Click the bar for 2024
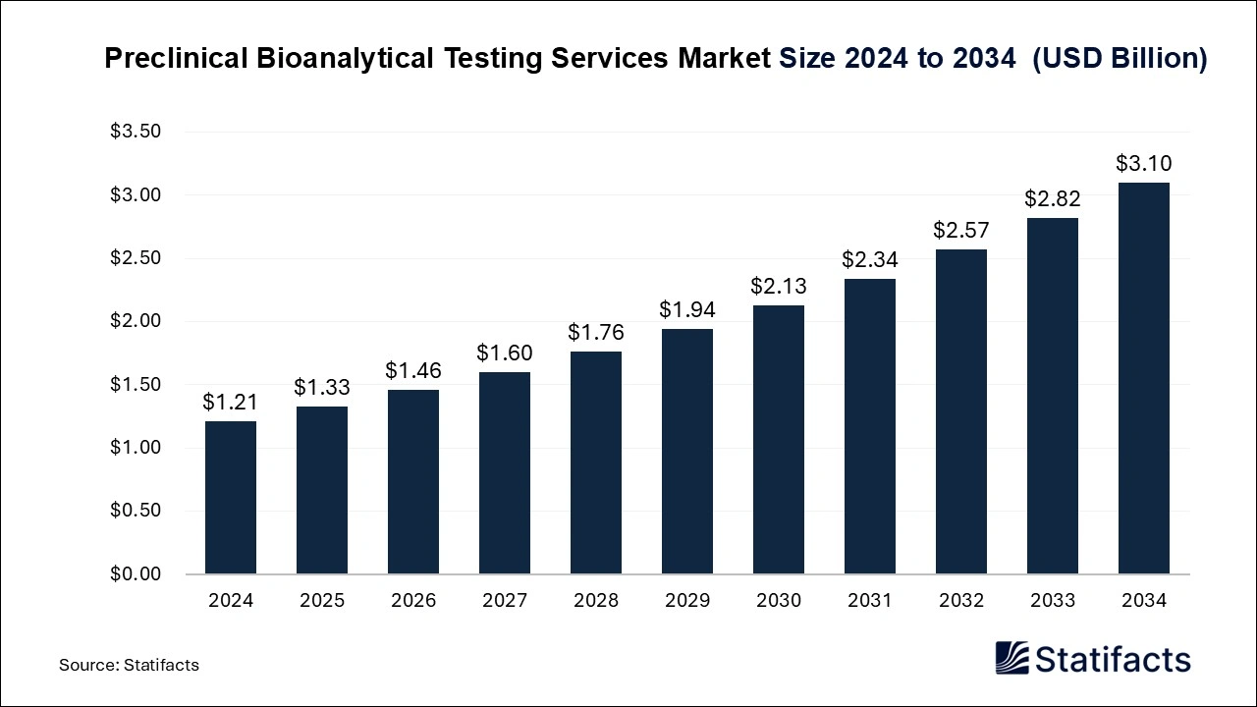pyautogui.click(x=231, y=498)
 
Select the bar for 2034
pyautogui.click(x=1144, y=378)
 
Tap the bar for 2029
pyautogui.click(x=687, y=452)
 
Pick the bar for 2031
pyautogui.click(x=870, y=426)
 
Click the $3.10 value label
pyautogui.click(x=1144, y=164)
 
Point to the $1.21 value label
pyautogui.click(x=231, y=402)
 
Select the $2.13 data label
pyautogui.click(x=779, y=286)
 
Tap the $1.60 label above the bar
pyautogui.click(x=505, y=353)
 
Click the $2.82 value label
pyautogui.click(x=1053, y=198)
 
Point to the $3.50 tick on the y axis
pyautogui.click(x=136, y=133)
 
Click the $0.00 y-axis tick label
pyautogui.click(x=136, y=574)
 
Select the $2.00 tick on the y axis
pyautogui.click(x=136, y=322)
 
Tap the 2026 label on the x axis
pyautogui.click(x=413, y=601)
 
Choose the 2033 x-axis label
pyautogui.click(x=1053, y=601)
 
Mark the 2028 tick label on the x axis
pyautogui.click(x=596, y=601)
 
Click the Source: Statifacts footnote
pyautogui.click(x=129, y=665)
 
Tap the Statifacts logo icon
pyautogui.click(x=1011, y=658)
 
